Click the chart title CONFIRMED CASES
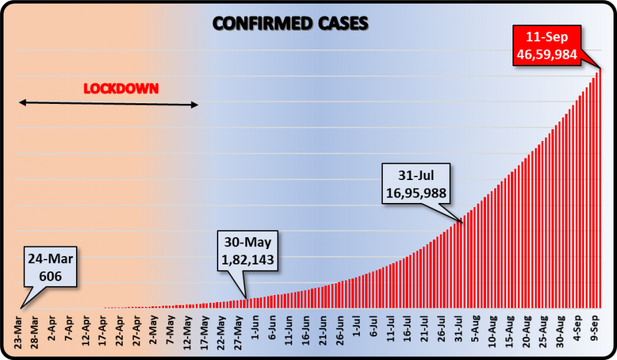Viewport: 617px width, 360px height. [x=290, y=24]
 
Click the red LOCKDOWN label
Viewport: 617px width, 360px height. [x=121, y=89]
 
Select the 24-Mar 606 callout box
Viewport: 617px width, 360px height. [x=51, y=267]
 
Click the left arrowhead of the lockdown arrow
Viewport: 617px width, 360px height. [x=22, y=103]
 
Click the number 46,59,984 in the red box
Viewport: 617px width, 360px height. [x=547, y=53]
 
